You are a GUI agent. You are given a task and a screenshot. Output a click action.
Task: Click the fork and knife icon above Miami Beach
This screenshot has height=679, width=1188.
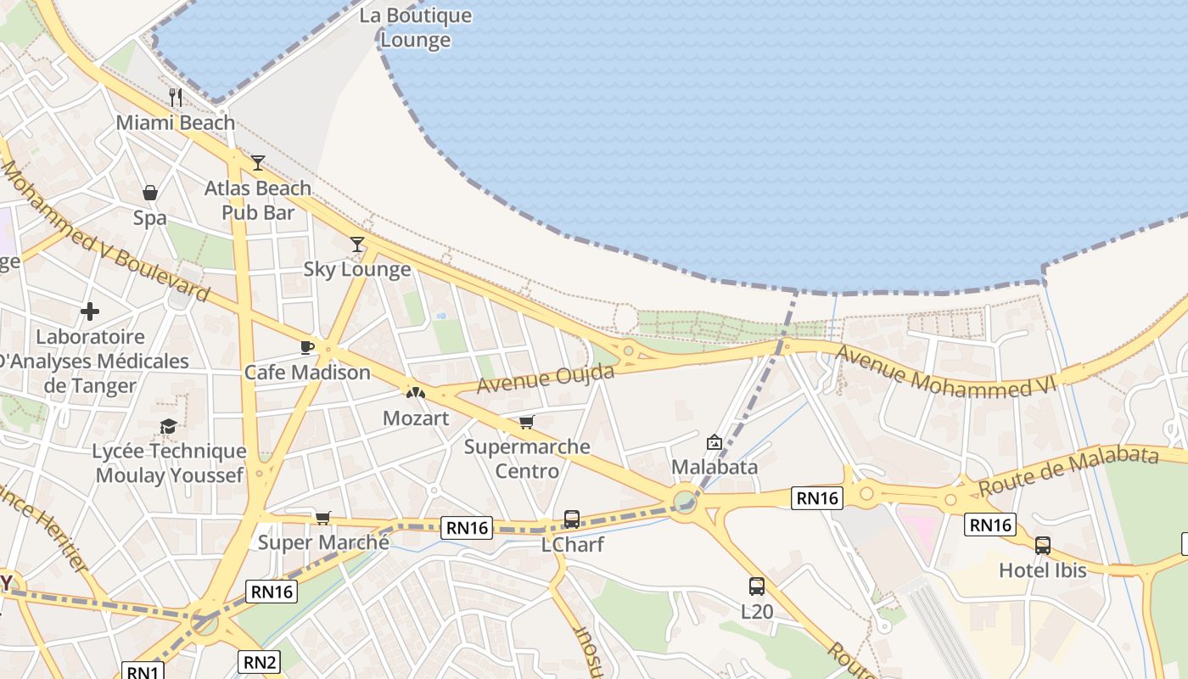click(176, 97)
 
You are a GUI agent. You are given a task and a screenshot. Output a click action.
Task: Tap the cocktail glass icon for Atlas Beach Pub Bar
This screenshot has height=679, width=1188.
click(258, 162)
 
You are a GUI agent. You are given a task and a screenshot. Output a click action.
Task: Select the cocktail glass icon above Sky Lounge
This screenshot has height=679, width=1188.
click(357, 244)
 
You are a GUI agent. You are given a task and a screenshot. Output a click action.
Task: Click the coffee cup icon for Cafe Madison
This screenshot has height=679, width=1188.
click(307, 347)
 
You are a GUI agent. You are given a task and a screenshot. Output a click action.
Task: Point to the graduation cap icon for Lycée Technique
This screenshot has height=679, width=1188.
click(169, 426)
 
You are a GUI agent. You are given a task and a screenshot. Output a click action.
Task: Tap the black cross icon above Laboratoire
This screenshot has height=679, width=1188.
click(90, 311)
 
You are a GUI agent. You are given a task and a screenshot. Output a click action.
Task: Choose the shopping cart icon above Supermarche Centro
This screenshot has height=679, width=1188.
click(527, 422)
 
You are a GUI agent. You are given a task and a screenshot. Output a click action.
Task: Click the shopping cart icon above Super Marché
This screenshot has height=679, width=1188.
click(322, 518)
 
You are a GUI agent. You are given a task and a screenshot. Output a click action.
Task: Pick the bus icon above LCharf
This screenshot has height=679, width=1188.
click(572, 519)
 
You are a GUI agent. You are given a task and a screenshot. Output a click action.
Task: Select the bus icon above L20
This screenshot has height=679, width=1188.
click(756, 586)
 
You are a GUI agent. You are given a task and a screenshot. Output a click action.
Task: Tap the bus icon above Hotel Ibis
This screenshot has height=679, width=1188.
click(1042, 545)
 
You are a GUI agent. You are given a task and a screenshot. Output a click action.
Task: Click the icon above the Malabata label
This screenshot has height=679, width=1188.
click(714, 442)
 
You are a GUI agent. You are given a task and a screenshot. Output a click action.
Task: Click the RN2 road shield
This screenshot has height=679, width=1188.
click(260, 662)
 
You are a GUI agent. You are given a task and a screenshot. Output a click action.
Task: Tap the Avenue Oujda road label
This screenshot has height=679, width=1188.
click(546, 379)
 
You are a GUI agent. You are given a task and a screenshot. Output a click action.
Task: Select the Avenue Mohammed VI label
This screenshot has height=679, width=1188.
click(946, 371)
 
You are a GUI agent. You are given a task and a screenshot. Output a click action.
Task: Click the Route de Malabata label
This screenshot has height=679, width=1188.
click(1068, 472)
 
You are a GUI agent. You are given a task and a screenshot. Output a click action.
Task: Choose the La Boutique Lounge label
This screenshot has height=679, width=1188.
click(415, 27)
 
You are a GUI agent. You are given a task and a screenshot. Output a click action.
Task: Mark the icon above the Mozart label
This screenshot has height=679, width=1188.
click(415, 393)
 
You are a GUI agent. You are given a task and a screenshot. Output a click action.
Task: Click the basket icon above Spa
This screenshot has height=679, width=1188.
click(150, 193)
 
